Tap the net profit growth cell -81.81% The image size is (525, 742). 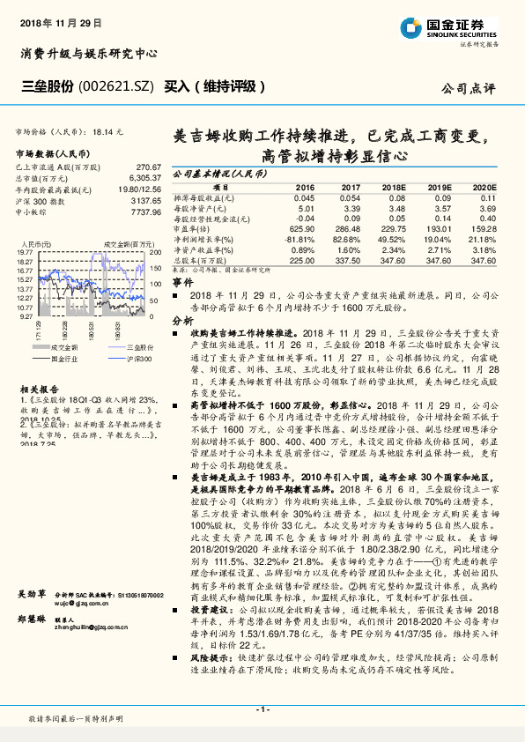tap(301, 239)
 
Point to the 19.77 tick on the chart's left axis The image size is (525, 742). tap(25, 252)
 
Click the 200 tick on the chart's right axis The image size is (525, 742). tap(152, 252)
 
